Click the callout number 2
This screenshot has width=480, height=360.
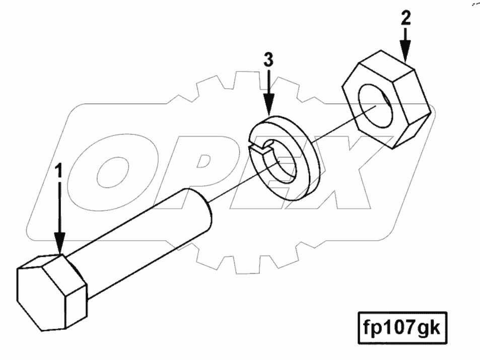point(406,19)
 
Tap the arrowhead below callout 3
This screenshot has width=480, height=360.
point(269,105)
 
